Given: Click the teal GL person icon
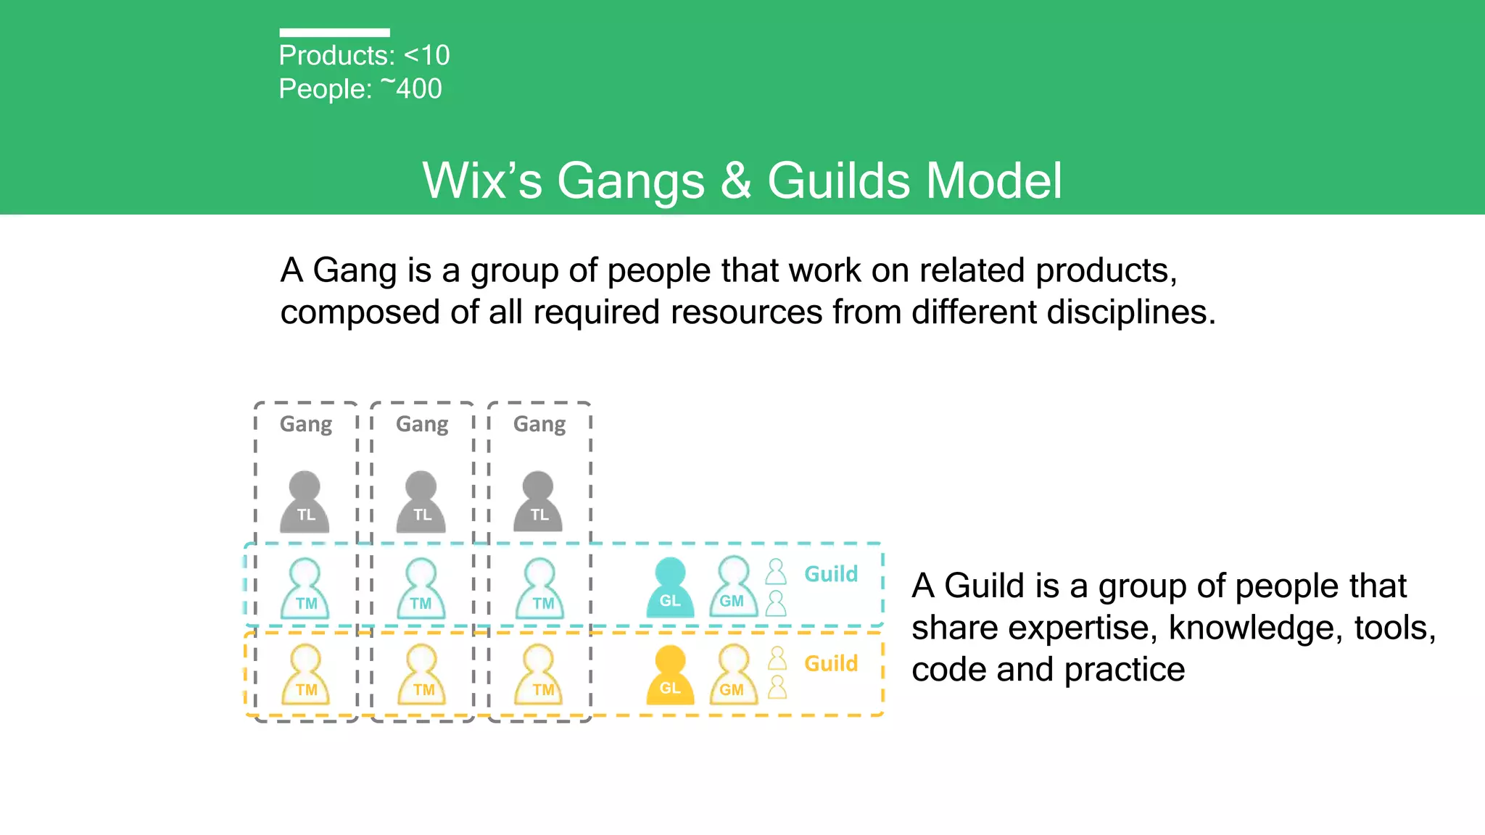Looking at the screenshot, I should (670, 588).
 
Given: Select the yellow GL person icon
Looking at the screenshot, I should (670, 675).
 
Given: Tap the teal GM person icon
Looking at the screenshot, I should (733, 587).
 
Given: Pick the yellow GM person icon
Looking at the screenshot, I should (733, 675).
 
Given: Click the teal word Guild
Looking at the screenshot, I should (831, 574).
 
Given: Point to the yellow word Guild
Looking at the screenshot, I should (831, 663).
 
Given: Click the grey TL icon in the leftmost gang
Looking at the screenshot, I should (305, 502).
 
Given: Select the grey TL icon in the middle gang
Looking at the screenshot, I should (421, 502).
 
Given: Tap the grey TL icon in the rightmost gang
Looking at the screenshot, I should (538, 502).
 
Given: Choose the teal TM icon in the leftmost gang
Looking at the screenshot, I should (305, 589).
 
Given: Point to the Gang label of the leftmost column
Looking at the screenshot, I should (306, 424).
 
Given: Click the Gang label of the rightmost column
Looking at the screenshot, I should (539, 424).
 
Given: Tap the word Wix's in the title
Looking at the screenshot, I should (482, 180).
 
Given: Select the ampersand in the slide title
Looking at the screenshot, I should (736, 180).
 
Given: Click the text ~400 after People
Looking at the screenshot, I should (411, 88).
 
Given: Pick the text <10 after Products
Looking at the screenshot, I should (427, 55).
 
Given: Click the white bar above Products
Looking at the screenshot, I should (334, 33).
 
